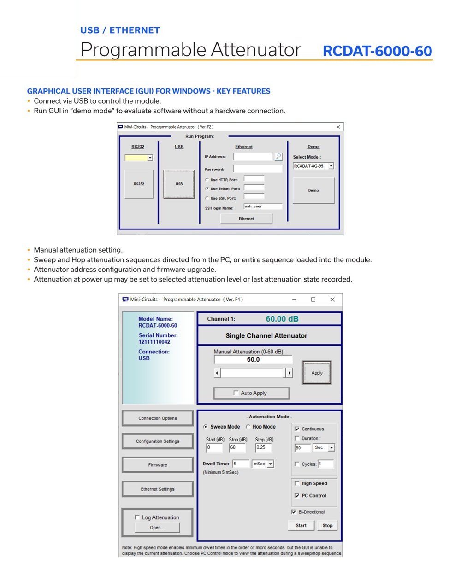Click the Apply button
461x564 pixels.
[317, 372]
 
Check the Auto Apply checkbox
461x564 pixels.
[236, 393]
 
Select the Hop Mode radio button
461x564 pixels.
[248, 427]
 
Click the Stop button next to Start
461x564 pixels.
[327, 525]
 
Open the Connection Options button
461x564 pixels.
[158, 418]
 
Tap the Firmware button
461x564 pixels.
[158, 465]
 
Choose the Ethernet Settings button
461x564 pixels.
[158, 489]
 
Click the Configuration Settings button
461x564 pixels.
[158, 441]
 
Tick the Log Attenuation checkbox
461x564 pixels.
[137, 517]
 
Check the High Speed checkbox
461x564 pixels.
[297, 483]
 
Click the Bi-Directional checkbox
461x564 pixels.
[294, 512]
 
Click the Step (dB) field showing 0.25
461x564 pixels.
[263, 448]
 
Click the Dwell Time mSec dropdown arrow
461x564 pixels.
[271, 464]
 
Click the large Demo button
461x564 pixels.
[313, 190]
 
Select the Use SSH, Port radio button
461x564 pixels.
[207, 198]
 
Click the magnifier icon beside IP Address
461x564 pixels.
[278, 156]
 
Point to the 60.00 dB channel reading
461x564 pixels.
[282, 319]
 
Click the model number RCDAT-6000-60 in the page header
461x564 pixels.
[377, 51]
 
